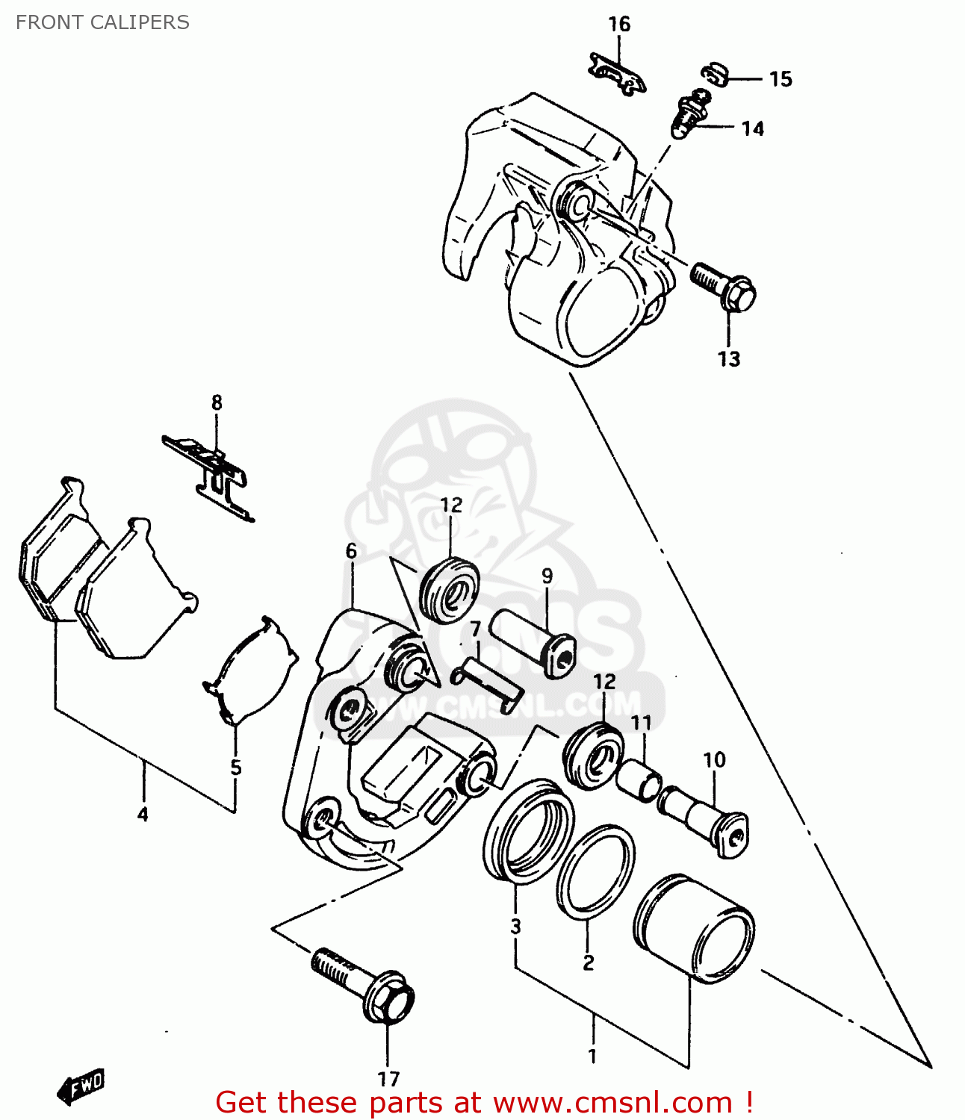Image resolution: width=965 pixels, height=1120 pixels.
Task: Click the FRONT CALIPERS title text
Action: [x=102, y=22]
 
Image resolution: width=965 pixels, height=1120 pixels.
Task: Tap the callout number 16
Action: [x=618, y=25]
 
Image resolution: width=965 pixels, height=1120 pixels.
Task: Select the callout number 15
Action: [x=780, y=79]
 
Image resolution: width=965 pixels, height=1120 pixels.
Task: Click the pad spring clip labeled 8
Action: [x=211, y=473]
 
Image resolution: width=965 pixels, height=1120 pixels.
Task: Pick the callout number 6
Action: [x=351, y=551]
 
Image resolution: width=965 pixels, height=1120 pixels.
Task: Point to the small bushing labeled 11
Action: [x=639, y=780]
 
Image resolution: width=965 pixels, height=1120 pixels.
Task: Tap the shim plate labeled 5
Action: [x=250, y=670]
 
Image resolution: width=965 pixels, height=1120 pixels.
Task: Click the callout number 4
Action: [x=143, y=815]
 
